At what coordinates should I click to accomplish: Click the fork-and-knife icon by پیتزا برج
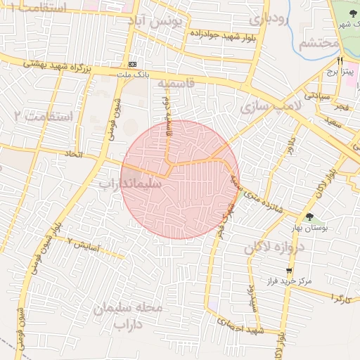click(340, 61)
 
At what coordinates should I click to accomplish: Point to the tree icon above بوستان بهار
click(309, 217)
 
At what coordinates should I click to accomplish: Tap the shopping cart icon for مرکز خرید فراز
click(289, 270)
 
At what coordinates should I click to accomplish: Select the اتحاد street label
click(75, 153)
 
